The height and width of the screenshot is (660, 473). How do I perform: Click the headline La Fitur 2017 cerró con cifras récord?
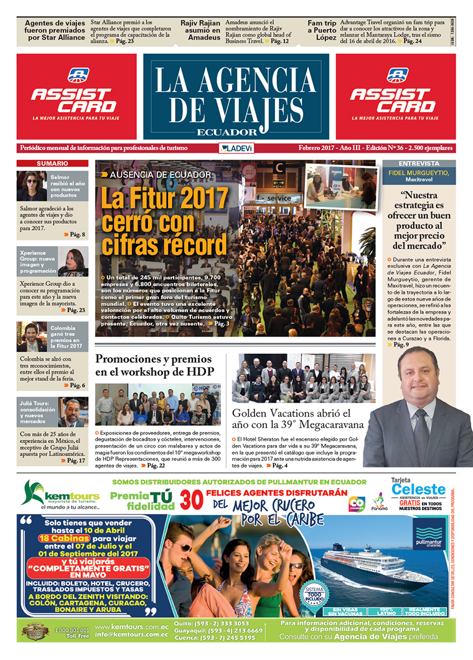pos(165,222)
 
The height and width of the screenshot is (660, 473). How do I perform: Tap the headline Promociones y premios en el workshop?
pos(154,365)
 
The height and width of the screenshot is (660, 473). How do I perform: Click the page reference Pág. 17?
pos(76,461)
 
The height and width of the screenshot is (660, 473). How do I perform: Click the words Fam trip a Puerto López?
pos(322,30)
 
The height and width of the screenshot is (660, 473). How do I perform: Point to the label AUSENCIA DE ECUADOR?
pos(160,175)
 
